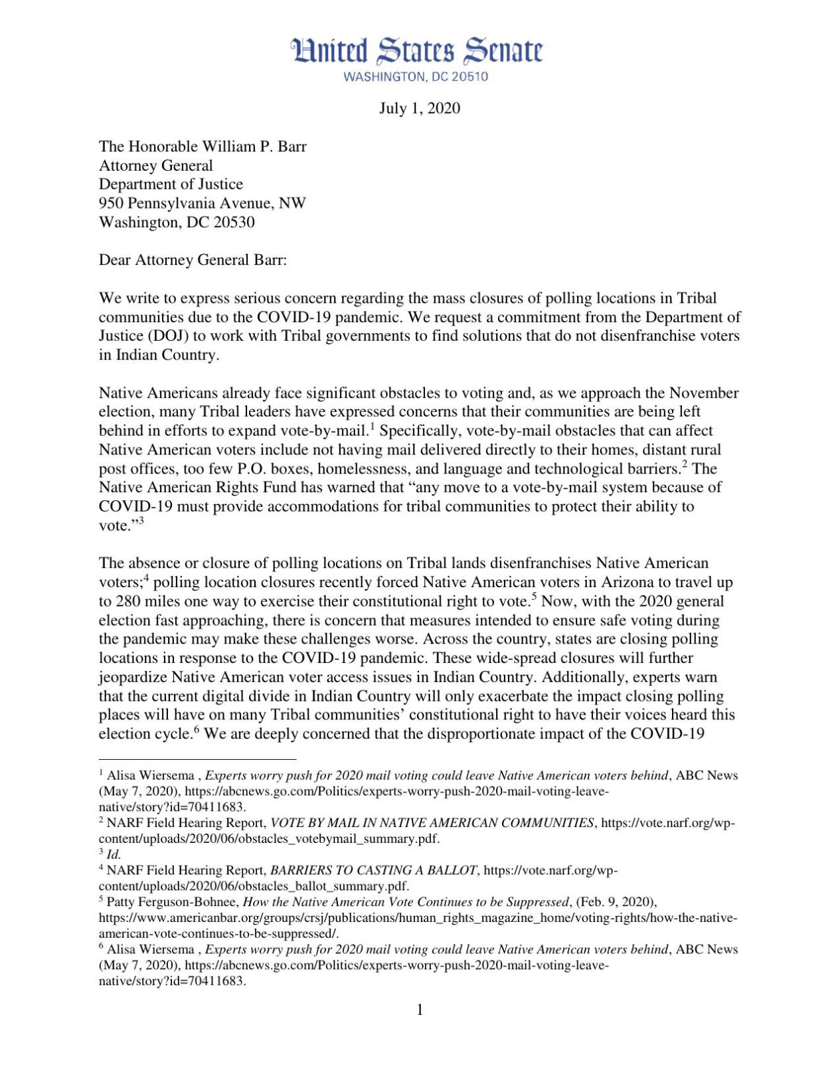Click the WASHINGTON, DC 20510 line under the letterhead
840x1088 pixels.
416,76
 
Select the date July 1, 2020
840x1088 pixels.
419,108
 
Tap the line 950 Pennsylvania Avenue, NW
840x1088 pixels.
203,203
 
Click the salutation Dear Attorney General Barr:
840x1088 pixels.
193,260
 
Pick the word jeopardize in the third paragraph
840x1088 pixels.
133,678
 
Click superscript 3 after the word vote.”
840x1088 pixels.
141,521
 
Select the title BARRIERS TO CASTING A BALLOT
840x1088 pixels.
373,870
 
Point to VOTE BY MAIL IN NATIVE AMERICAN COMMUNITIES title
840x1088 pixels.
432,823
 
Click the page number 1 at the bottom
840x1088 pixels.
420,1010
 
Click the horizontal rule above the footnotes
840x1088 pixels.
197,759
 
